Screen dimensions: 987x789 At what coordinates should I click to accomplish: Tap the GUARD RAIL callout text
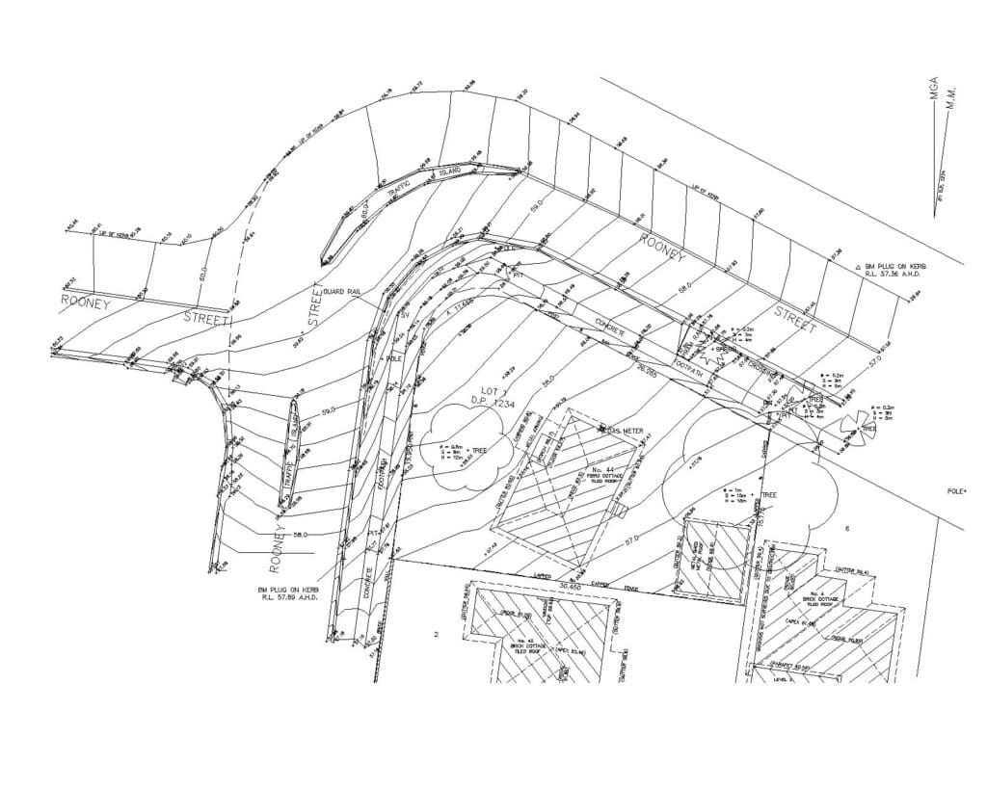(x=341, y=291)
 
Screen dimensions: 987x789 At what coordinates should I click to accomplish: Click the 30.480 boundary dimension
(x=570, y=585)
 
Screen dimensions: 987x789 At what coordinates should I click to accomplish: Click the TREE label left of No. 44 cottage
(x=478, y=451)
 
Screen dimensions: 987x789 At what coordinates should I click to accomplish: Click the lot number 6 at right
(x=846, y=529)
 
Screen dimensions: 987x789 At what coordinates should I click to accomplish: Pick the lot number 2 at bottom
(x=436, y=635)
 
